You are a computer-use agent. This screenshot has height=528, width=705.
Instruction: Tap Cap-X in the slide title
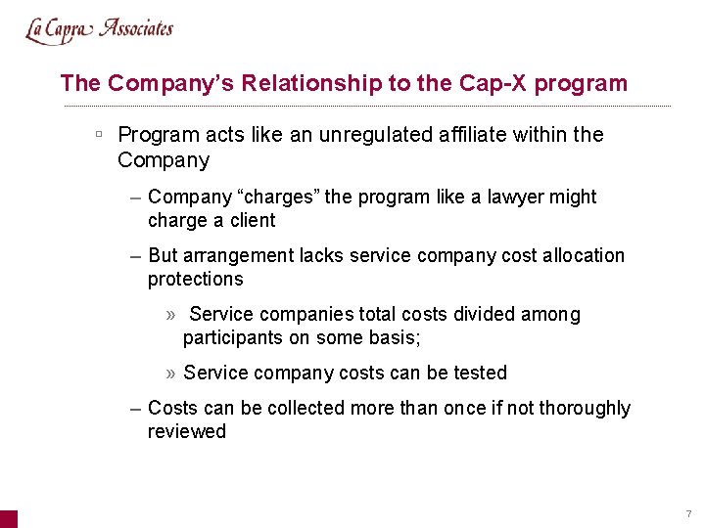pyautogui.click(x=485, y=83)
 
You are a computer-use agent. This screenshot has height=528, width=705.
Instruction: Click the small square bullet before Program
pyautogui.click(x=100, y=133)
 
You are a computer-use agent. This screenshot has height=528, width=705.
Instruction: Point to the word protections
pyautogui.click(x=195, y=280)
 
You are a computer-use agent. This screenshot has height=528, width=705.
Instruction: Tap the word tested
pyautogui.click(x=480, y=374)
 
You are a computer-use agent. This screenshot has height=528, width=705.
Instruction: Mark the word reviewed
pyautogui.click(x=187, y=432)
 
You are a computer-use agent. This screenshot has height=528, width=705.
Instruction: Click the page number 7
pyautogui.click(x=688, y=513)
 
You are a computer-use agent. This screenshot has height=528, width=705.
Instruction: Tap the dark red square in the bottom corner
pyautogui.click(x=8, y=519)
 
